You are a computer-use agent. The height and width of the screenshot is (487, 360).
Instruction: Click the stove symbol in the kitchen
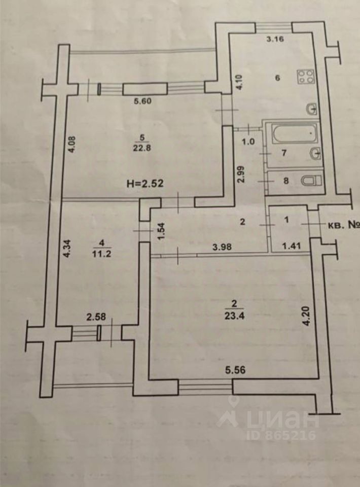click(x=306, y=77)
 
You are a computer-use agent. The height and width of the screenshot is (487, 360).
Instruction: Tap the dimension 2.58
click(x=96, y=318)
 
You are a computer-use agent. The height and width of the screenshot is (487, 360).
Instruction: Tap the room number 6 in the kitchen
click(x=277, y=78)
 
